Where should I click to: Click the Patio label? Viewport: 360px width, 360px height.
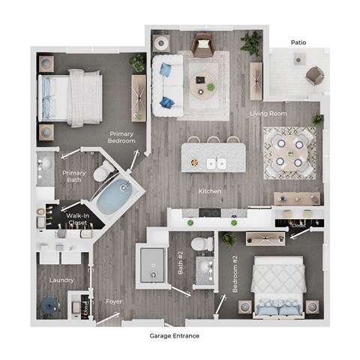[x=298, y=43]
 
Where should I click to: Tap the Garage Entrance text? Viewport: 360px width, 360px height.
[x=174, y=336]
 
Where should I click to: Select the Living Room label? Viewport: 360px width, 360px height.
[x=268, y=114]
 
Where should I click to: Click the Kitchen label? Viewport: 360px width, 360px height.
[x=209, y=191]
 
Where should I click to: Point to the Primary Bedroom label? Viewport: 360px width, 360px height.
[x=121, y=136]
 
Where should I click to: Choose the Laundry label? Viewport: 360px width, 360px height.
[x=61, y=280]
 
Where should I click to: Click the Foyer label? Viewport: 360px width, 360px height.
[x=114, y=301]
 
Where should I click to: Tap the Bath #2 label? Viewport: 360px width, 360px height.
[x=180, y=263]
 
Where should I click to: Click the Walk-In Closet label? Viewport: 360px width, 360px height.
[x=75, y=220]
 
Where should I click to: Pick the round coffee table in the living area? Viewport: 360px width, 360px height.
[x=202, y=87]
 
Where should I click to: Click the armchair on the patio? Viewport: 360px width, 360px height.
[x=315, y=75]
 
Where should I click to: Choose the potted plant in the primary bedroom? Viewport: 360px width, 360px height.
[x=136, y=61]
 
